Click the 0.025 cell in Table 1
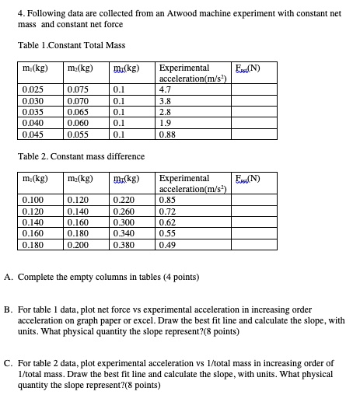pos(33,89)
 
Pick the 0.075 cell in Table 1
pos(78,89)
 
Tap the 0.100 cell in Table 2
pos(33,201)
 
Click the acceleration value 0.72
pos(167,211)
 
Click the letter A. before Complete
pos(8,277)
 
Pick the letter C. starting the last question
pos(8,363)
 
